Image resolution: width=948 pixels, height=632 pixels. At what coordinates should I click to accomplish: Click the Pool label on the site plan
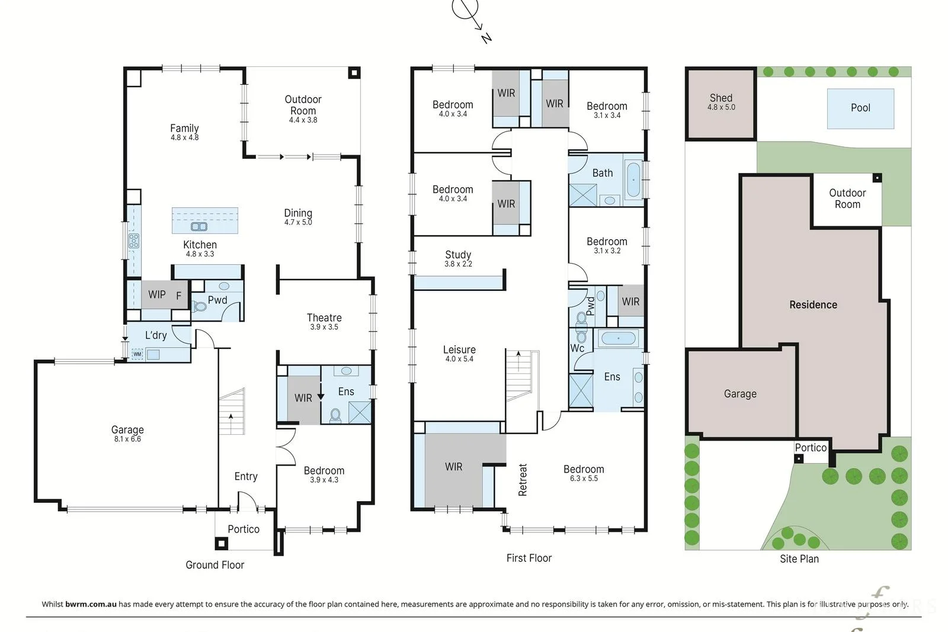[x=860, y=108]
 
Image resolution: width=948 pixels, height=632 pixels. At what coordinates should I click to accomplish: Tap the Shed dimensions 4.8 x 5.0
[x=721, y=107]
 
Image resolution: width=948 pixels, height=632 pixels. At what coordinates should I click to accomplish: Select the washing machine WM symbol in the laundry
[x=137, y=354]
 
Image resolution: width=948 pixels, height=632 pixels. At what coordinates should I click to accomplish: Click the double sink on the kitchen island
[x=199, y=227]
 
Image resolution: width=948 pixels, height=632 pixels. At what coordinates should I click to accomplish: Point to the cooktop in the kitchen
[x=134, y=240]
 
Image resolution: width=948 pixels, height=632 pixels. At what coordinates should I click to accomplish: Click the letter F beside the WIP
[x=178, y=296]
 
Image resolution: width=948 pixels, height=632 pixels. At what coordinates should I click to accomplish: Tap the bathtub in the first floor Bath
[x=633, y=180]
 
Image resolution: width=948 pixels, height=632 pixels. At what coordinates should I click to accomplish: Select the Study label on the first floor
[x=458, y=255]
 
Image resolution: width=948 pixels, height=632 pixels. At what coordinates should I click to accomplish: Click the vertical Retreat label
[x=523, y=480]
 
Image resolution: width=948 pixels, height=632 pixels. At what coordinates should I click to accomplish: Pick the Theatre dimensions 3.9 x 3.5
[x=324, y=327]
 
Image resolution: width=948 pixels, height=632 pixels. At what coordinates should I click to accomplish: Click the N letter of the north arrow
[x=486, y=38]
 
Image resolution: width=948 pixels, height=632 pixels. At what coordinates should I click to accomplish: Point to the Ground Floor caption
[x=215, y=564]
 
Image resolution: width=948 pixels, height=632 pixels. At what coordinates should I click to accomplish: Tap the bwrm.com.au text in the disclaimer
[x=91, y=604]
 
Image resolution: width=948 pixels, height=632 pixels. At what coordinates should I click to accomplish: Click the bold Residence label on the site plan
[x=813, y=304]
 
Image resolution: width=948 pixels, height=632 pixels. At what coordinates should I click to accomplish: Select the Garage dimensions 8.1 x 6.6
[x=127, y=439]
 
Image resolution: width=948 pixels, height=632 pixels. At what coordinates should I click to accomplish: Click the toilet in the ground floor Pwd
[x=200, y=306]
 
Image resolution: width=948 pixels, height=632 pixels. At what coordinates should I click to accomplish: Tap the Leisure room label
[x=459, y=350]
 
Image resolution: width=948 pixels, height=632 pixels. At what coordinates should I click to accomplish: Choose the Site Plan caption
[x=799, y=559]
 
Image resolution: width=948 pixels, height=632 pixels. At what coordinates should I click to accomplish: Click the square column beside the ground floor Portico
[x=222, y=543]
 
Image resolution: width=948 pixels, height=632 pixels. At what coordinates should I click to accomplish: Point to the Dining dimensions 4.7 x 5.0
[x=298, y=223]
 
